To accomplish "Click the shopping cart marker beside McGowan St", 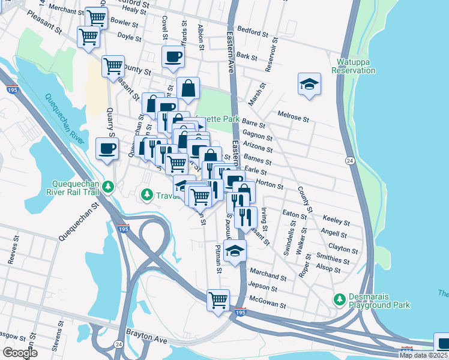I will [x=218, y=300].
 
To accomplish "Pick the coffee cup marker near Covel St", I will [x=173, y=58].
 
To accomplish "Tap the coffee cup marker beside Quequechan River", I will [x=107, y=149].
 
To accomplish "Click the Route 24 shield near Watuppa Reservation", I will [x=349, y=161].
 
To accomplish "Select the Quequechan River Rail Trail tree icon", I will [x=108, y=187].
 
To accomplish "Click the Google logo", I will [x=20, y=353].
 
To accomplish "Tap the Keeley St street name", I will [x=336, y=220].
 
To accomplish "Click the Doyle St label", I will [x=129, y=37].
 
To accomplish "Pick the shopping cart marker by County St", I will [x=113, y=67].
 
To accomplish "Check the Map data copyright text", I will [x=424, y=355].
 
